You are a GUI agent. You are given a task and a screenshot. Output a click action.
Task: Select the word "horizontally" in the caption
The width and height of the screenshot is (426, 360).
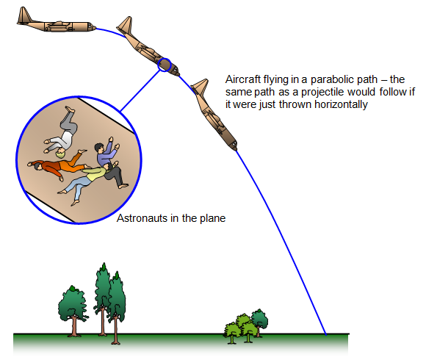click(x=341, y=104)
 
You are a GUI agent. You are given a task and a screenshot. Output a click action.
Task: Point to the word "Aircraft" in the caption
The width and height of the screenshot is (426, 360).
click(x=243, y=79)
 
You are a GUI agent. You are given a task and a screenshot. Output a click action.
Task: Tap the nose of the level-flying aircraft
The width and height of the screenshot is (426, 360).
click(x=93, y=27)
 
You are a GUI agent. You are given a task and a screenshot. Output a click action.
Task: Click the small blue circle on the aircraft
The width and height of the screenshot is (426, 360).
click(x=165, y=65)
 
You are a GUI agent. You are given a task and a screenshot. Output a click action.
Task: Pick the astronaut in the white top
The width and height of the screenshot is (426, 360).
click(x=62, y=133)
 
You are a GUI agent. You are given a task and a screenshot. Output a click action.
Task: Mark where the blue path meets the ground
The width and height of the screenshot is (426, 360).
click(x=326, y=334)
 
